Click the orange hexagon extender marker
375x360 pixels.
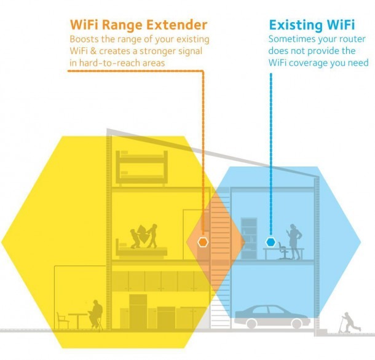coord(203,242)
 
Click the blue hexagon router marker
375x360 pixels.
coord(270,242)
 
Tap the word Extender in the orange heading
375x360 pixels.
coord(176,25)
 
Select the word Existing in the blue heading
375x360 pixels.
coord(296,25)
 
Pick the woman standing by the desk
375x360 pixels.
coord(294,241)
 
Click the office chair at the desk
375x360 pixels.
coord(283,251)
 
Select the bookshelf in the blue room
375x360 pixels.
coord(249,238)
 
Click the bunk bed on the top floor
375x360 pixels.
coord(141,168)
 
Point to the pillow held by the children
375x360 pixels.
coord(143,233)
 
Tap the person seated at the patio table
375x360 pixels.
coord(95,314)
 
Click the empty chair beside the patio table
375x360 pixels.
coord(63,320)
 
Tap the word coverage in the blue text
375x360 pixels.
coord(308,63)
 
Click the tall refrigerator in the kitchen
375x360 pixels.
coord(138,311)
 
